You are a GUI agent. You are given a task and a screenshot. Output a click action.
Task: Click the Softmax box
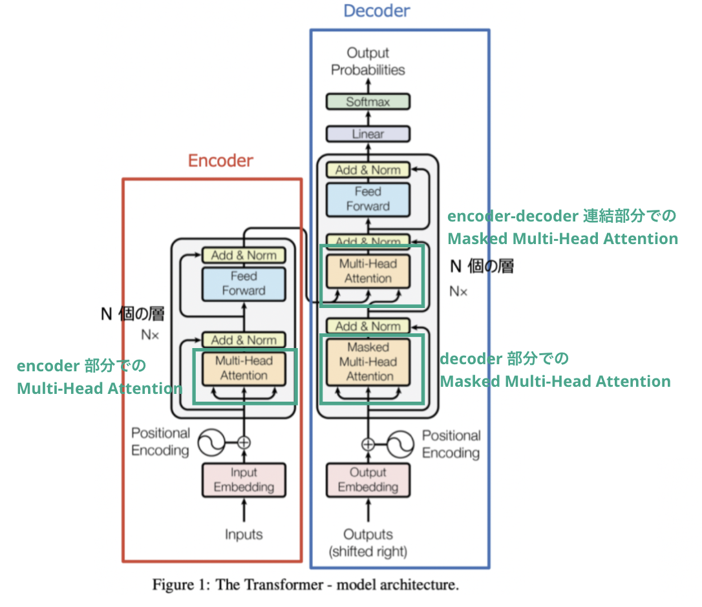pos(368,101)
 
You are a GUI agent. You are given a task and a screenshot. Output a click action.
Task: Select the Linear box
pos(368,134)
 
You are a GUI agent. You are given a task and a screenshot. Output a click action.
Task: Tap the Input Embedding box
pos(244,480)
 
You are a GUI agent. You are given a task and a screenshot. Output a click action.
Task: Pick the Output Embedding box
pos(368,480)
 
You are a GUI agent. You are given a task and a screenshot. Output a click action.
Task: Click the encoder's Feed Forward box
pos(243,283)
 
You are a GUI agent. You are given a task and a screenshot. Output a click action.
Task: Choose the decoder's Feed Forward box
pos(368,199)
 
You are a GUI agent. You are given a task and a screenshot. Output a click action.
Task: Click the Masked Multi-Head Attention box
pos(368,362)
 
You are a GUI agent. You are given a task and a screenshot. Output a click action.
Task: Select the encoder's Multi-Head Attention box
pos(243,368)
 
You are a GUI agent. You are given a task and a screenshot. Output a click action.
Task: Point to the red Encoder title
pos(220,161)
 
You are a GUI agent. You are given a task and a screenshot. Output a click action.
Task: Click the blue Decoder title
pos(376,11)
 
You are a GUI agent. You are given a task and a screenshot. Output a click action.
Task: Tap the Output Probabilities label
pos(368,61)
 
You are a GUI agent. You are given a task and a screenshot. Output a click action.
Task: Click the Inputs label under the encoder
pos(244,535)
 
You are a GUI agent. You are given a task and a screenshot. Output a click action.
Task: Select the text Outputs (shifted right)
pos(368,543)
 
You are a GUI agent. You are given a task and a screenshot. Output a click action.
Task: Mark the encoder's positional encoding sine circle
pos(211,442)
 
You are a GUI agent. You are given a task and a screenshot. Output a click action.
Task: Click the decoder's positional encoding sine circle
pos(401,444)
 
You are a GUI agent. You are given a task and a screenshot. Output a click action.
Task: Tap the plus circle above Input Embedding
pos(244,442)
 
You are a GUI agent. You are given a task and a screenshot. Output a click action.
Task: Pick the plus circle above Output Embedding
pos(368,444)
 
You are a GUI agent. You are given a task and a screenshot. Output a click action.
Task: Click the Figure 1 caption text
pos(305,585)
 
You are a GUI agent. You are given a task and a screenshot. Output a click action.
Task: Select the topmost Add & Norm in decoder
pos(368,170)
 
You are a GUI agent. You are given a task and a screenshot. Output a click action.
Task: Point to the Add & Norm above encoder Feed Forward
pos(243,255)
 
